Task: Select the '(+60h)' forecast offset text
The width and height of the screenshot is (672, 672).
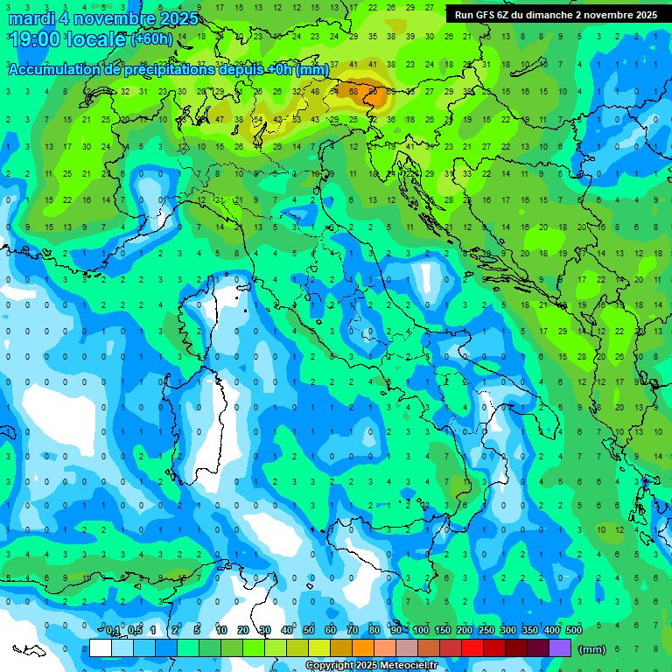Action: pos(151,39)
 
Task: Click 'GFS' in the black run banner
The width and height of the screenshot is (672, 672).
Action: pos(486,15)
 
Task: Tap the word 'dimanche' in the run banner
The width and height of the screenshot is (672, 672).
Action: pos(551,15)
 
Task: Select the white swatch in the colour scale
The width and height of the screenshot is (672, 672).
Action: pos(101,647)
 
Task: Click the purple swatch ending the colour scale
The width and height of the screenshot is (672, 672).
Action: pos(560,647)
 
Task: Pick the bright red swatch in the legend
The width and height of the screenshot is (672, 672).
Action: pos(472,647)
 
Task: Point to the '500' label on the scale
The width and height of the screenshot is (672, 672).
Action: pos(574,631)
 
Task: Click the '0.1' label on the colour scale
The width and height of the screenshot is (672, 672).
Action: pos(113,631)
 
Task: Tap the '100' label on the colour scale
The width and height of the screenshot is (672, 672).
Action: pos(421,631)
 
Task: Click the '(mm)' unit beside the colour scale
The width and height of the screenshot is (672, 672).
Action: pos(592,649)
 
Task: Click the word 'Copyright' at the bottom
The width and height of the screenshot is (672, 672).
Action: pos(330,666)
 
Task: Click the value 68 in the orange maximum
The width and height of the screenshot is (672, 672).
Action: pos(353,90)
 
